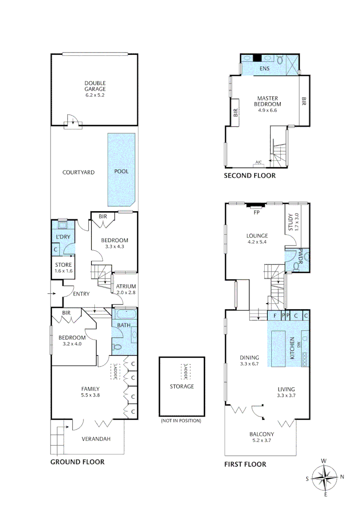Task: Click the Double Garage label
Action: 95,89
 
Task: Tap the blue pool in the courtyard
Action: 121,170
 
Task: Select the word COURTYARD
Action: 78,172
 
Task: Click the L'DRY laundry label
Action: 63,236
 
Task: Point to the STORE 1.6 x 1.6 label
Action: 63,268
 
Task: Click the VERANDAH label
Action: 96,439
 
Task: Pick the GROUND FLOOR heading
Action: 77,462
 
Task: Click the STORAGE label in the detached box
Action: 182,386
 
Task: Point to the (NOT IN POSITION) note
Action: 181,420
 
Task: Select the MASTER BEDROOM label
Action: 267,104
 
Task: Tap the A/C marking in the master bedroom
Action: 259,162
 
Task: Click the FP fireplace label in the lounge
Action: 257,212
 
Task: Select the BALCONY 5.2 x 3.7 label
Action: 261,437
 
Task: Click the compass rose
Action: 326,477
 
